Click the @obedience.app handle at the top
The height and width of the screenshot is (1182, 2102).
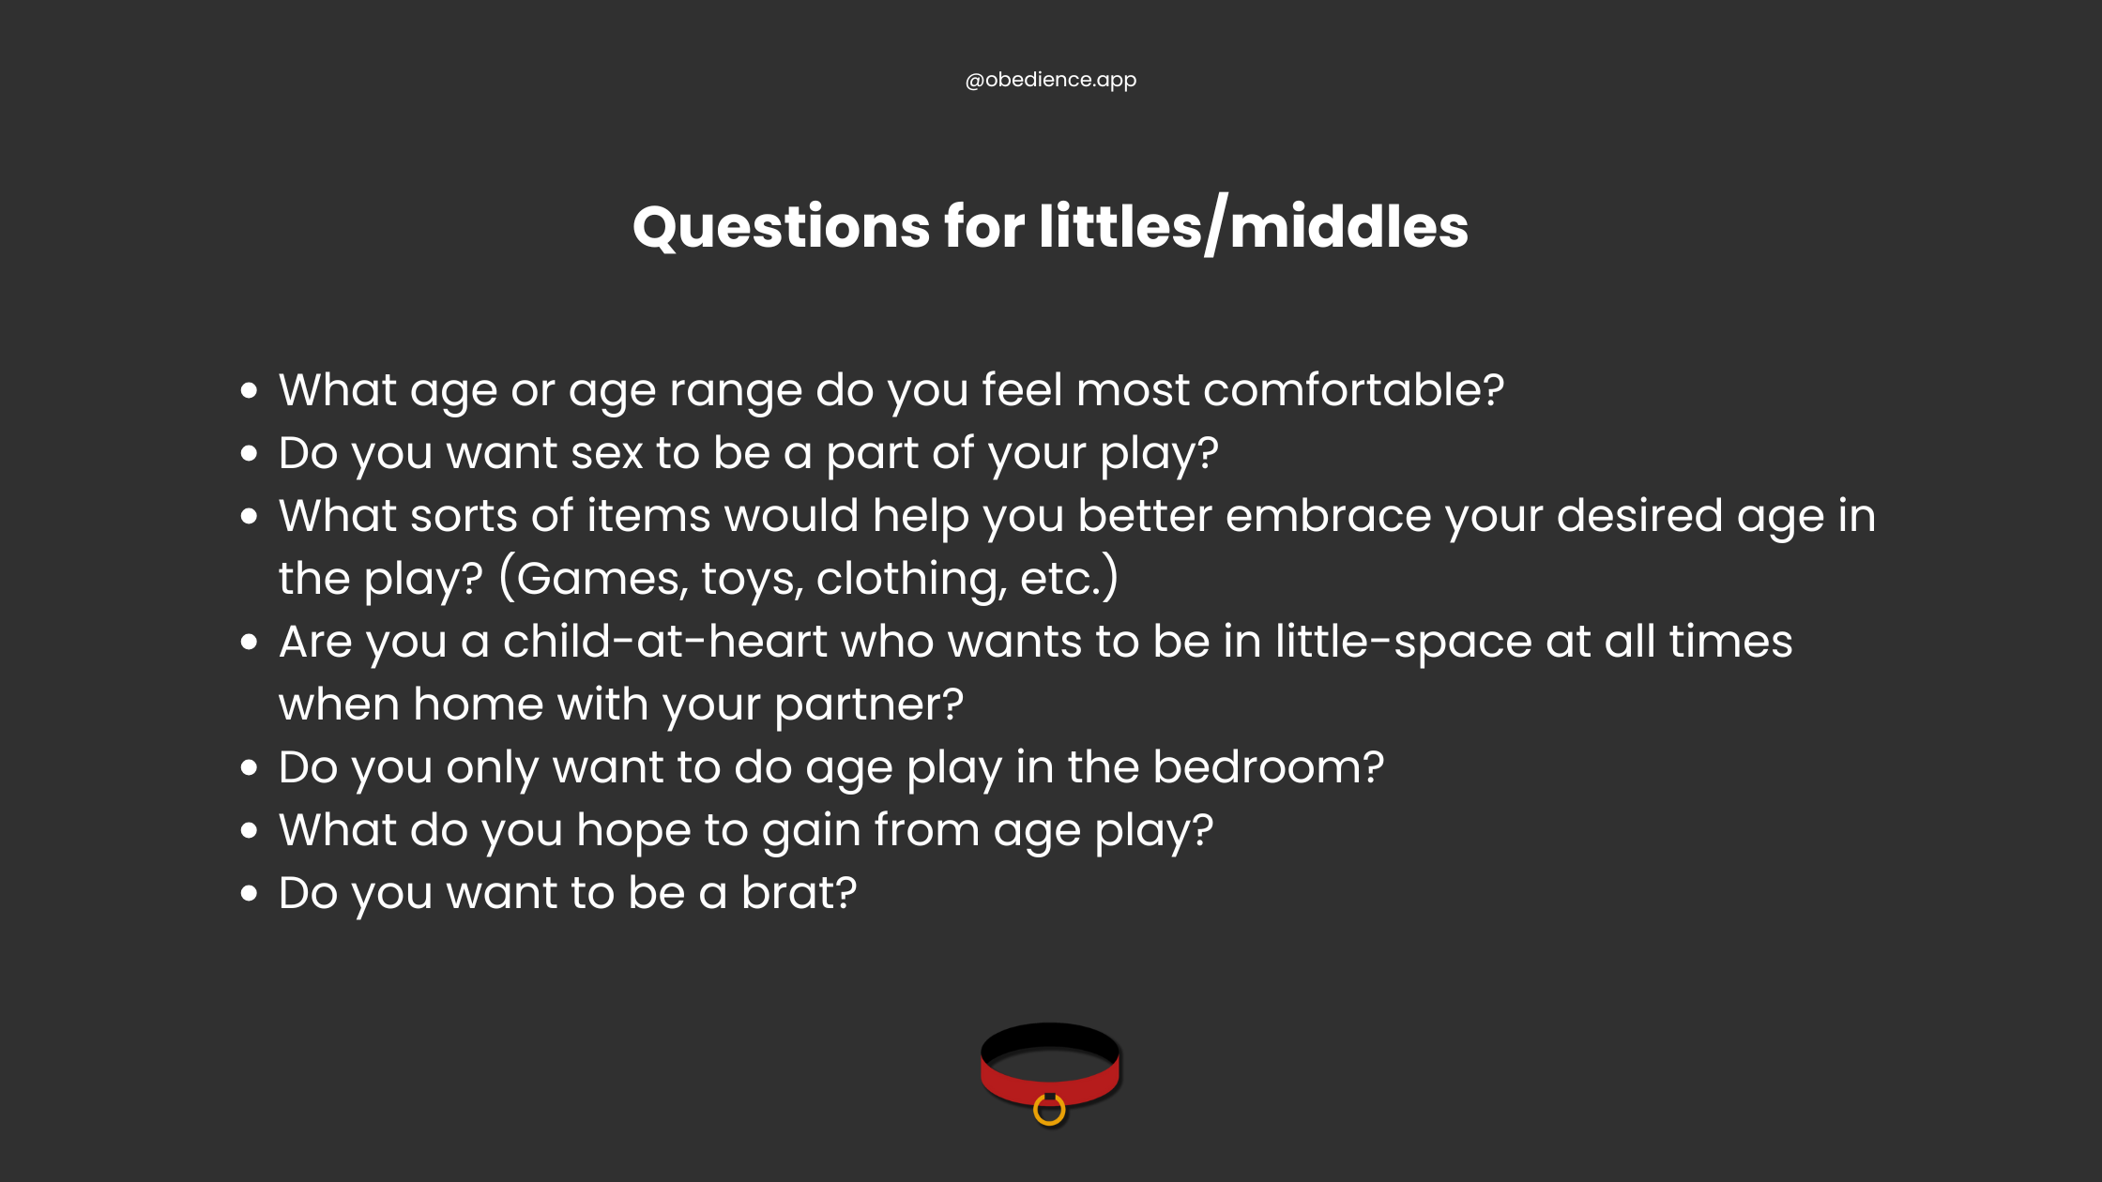coord(1050,80)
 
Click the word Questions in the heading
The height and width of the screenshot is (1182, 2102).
coord(781,227)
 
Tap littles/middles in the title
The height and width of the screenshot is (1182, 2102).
coord(1253,227)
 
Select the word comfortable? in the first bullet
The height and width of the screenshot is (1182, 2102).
coord(1353,390)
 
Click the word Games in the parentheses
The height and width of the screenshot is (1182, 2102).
coord(602,579)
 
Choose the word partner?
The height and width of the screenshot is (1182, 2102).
coord(869,705)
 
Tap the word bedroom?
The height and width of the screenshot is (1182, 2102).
coord(1268,767)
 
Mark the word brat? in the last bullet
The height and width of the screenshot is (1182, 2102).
coord(799,893)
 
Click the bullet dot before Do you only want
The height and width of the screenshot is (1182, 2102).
coord(249,768)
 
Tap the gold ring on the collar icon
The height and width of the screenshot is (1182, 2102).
coord(1049,1111)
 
